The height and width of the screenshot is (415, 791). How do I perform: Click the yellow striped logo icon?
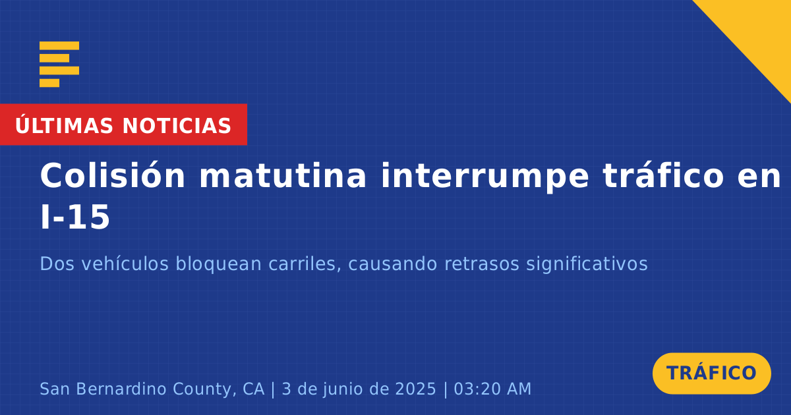point(59,65)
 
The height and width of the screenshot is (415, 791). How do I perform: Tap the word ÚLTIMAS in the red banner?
point(64,125)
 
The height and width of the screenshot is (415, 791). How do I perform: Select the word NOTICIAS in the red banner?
point(177,126)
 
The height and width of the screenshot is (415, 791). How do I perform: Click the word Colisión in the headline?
point(112,175)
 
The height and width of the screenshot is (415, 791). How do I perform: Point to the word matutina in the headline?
point(283,176)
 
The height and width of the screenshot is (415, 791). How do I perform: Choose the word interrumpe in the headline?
point(485,177)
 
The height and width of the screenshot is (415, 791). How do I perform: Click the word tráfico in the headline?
point(664,175)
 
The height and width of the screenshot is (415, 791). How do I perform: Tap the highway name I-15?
point(75,217)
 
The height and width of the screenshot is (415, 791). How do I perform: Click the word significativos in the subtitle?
point(587,264)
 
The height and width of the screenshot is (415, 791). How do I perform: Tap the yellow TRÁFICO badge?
point(711,373)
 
